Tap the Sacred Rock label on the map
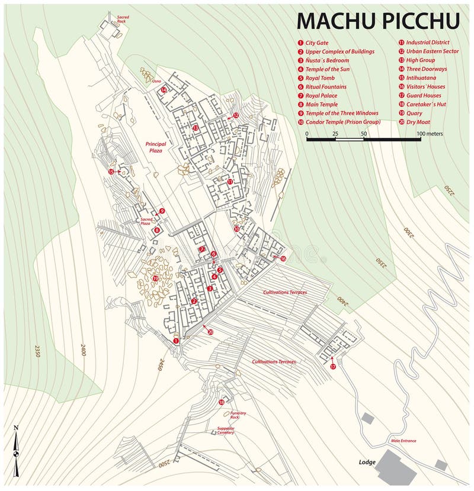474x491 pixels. (x=123, y=19)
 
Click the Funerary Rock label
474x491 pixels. (x=238, y=415)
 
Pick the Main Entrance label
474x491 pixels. (x=403, y=441)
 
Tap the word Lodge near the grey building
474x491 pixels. (x=367, y=461)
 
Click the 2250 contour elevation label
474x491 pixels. (x=449, y=190)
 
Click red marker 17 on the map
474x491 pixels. (x=333, y=367)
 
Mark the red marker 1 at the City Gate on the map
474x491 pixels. (x=176, y=341)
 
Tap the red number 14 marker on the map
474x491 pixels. (x=164, y=90)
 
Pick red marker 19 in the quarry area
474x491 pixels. (x=155, y=279)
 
